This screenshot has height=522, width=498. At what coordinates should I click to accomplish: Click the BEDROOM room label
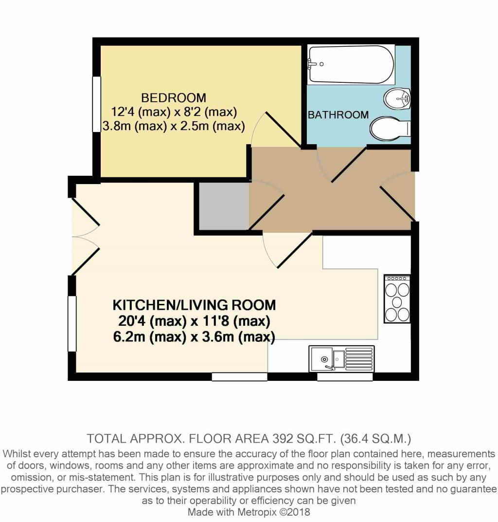click(174, 98)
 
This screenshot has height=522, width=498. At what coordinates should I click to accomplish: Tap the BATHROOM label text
click(338, 115)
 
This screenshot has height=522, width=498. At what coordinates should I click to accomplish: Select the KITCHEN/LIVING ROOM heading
click(194, 305)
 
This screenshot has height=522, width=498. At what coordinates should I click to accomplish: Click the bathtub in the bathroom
click(351, 65)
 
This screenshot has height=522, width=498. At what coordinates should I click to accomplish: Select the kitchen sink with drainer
click(342, 358)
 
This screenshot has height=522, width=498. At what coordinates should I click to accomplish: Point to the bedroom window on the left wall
click(96, 104)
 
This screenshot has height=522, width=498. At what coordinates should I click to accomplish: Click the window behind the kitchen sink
click(345, 377)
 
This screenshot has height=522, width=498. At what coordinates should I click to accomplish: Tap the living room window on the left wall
click(72, 323)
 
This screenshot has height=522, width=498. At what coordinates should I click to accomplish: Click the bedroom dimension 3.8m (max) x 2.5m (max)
click(174, 126)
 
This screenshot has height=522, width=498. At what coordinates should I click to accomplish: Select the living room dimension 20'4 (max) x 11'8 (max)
click(194, 321)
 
